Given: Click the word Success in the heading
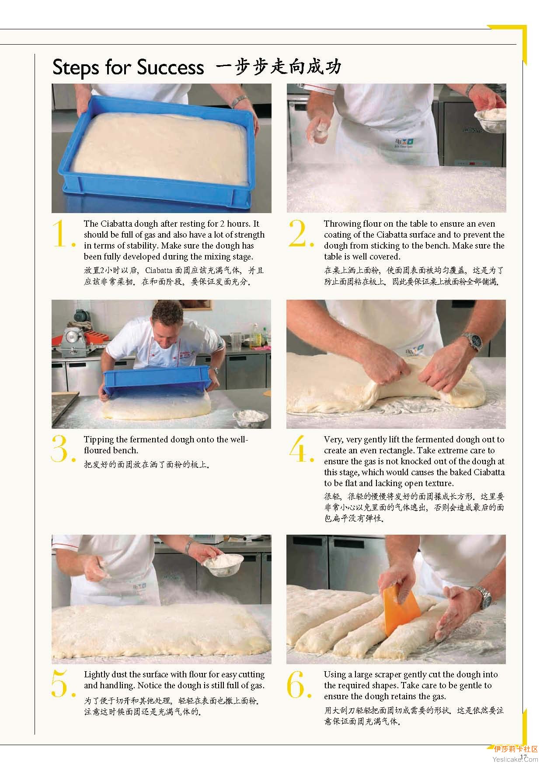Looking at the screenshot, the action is pos(170,67).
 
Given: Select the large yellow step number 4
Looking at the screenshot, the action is pos(301,449).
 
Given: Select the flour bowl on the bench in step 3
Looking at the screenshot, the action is pos(251,417).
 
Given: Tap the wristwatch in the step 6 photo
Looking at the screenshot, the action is pos(485,598).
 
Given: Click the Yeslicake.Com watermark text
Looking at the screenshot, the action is pos(516,759).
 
